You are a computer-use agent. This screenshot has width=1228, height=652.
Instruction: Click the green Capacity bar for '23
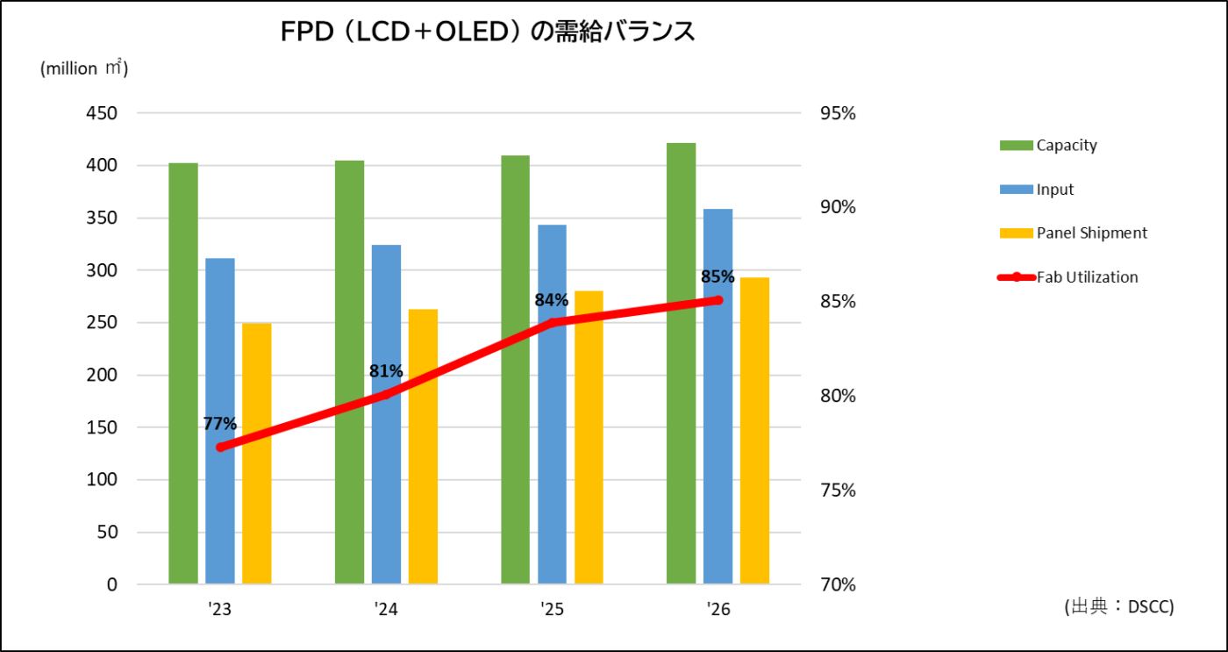183,373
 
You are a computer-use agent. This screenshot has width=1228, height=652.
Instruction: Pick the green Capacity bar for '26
682,363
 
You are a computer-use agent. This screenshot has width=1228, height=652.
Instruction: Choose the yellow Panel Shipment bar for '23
257,453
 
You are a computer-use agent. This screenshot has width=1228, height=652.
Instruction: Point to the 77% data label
219,424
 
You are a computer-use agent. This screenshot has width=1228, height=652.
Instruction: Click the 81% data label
386,371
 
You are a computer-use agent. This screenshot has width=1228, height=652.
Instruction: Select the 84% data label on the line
552,300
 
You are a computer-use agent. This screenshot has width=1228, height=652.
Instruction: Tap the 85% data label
718,277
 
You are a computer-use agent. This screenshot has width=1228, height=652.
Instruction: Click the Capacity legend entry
1066,145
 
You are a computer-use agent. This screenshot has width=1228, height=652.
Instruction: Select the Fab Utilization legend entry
1087,277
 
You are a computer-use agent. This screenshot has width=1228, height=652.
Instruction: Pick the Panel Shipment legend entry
1091,233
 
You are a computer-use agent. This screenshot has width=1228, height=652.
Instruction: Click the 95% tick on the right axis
837,113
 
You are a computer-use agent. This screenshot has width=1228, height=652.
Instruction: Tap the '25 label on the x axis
552,609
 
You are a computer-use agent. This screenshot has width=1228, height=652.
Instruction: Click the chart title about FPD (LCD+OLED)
488,32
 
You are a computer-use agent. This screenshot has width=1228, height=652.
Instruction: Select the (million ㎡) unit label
84,69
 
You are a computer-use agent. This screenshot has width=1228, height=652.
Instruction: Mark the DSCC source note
1117,606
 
